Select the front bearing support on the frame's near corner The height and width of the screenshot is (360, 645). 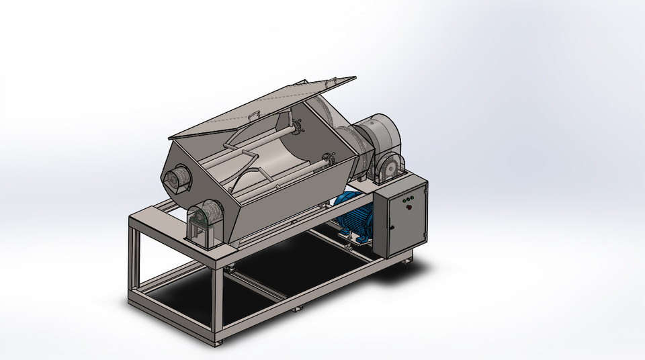pos(205,222)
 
